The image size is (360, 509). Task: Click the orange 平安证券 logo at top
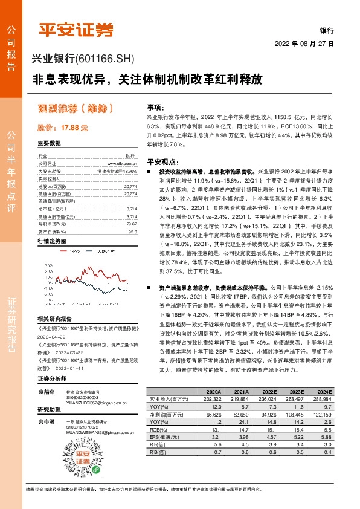[75, 29]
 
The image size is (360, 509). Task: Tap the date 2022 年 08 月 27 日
[304, 44]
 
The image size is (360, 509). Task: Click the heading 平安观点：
[161, 163]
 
